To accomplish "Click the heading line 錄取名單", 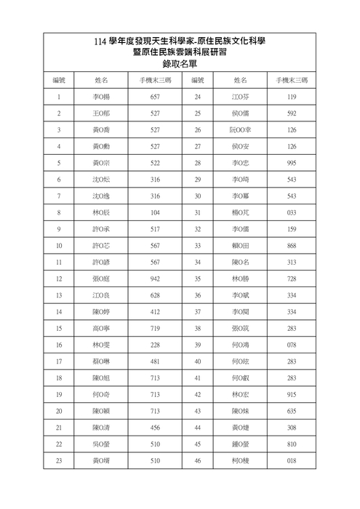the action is (179, 64).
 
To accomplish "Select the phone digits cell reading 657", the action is (155, 97).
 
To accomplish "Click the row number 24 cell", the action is (197, 97).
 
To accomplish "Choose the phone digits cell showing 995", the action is (292, 164).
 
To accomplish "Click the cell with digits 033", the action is (292, 212).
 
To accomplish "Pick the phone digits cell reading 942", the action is (155, 278).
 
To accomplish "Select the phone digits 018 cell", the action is (292, 460).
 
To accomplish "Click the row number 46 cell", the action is (197, 460).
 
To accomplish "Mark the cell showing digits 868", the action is (292, 246).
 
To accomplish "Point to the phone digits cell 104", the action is (155, 212).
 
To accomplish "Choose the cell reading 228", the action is (155, 345).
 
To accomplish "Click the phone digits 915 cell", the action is (292, 394).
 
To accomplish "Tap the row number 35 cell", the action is (197, 278).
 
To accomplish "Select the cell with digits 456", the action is (155, 428).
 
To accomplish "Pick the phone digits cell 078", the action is (292, 345).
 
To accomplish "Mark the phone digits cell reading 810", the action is (292, 444).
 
